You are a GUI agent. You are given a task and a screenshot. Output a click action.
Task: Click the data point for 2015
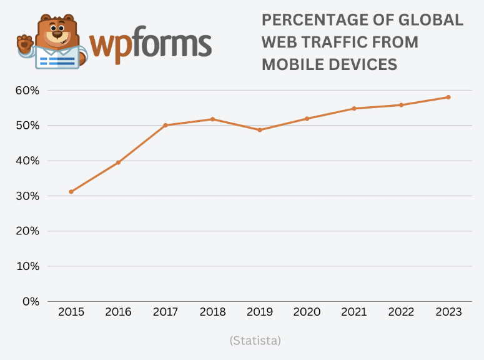tap(71, 192)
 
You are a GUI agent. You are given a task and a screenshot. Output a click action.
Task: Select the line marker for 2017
tap(165, 125)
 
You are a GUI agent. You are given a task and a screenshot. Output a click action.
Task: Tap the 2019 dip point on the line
tap(260, 130)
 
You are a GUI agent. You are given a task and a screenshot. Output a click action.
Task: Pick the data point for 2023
tap(448, 97)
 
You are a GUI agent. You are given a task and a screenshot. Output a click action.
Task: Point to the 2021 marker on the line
tap(354, 109)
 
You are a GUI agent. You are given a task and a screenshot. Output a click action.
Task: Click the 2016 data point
tap(118, 162)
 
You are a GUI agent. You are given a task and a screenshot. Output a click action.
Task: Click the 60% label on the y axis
tap(27, 91)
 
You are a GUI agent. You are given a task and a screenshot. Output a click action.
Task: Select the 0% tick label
tap(31, 301)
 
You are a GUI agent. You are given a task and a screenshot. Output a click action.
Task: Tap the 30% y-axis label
tap(27, 196)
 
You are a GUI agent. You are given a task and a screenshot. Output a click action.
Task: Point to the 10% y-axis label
tap(27, 266)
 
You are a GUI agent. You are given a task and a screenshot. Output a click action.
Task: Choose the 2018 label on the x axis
tap(212, 312)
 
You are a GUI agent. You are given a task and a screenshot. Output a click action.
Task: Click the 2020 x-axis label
tap(307, 312)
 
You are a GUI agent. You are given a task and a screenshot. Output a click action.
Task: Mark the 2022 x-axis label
tap(401, 312)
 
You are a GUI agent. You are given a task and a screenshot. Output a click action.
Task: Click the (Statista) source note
tap(255, 341)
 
